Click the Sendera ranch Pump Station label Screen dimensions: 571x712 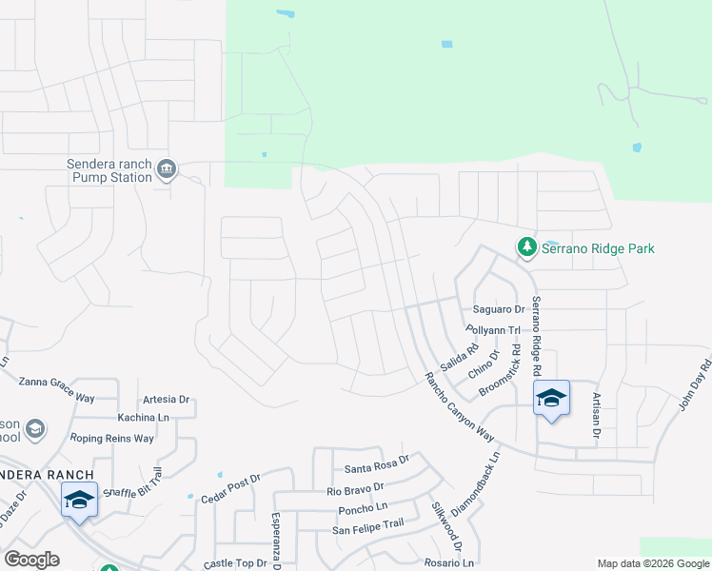[109, 170]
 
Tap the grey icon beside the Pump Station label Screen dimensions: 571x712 [167, 170]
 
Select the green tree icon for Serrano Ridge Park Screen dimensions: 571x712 [526, 247]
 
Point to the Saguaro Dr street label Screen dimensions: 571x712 [499, 310]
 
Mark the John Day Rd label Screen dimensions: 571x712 [695, 384]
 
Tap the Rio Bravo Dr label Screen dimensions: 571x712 [355, 491]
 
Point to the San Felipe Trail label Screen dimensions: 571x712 [367, 523]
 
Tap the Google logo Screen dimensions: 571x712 [31, 560]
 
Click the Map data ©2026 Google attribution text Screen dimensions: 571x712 [652, 563]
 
